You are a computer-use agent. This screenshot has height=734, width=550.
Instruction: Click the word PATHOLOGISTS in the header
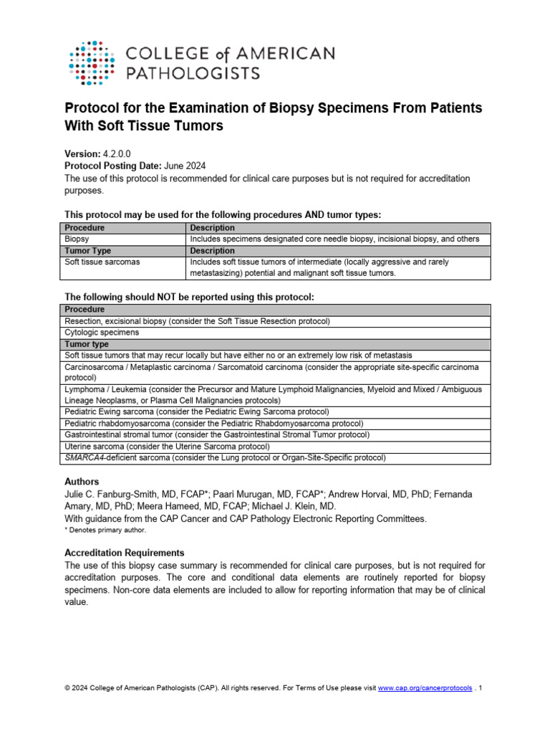(x=193, y=72)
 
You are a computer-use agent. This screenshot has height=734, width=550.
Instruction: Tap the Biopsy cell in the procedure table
(x=78, y=239)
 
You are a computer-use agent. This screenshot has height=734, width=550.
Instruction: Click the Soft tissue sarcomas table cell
(x=102, y=262)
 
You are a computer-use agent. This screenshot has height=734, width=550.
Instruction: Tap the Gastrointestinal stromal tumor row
(x=217, y=435)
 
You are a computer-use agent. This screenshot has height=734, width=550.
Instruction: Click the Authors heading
(x=82, y=482)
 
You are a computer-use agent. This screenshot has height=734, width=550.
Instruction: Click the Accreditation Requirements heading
(x=124, y=553)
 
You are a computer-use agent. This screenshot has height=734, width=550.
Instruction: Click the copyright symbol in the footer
(x=67, y=688)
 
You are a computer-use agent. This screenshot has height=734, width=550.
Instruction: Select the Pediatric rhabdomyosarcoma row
(x=213, y=424)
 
